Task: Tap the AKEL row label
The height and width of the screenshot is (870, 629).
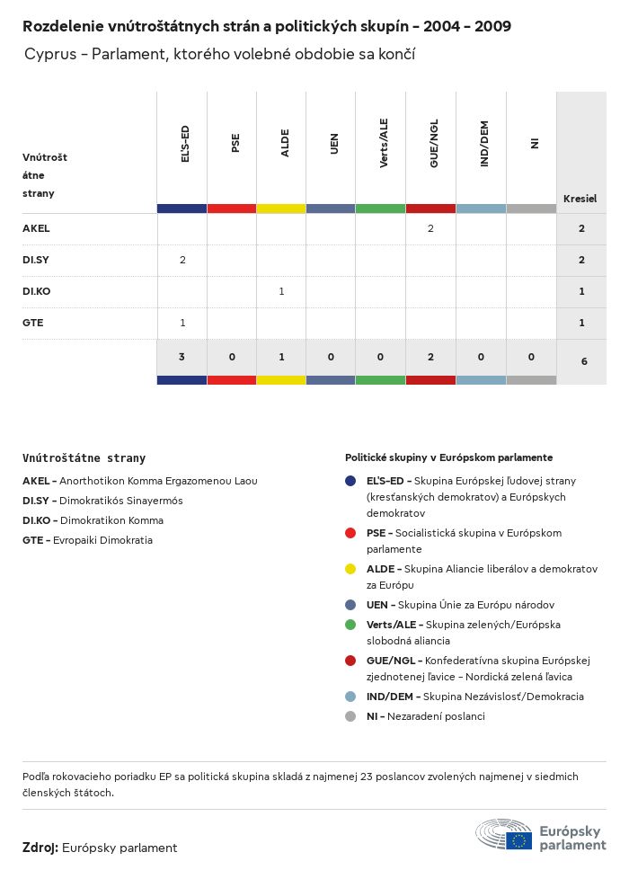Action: point(36,228)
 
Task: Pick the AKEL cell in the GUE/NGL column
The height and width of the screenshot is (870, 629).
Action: point(430,228)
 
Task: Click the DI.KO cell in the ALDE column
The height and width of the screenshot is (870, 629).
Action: point(281,291)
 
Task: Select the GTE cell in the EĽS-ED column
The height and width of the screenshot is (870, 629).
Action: point(182,323)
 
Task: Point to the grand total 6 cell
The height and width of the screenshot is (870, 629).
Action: point(581,360)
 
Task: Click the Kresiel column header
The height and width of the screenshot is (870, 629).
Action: point(580,199)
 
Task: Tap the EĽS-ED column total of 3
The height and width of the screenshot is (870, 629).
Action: point(182,357)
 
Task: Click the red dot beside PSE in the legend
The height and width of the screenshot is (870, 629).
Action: point(350,533)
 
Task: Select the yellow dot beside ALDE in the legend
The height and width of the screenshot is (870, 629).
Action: point(350,569)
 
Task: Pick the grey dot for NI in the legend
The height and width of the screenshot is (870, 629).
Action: point(350,716)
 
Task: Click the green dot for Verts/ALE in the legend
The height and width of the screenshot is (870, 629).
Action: point(350,625)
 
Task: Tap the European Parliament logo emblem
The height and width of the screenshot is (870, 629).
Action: point(503,835)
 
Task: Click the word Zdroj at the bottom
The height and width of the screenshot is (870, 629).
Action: point(40,848)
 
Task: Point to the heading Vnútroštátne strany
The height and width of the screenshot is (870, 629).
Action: point(84,457)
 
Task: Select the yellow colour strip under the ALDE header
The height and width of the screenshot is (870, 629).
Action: point(281,209)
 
